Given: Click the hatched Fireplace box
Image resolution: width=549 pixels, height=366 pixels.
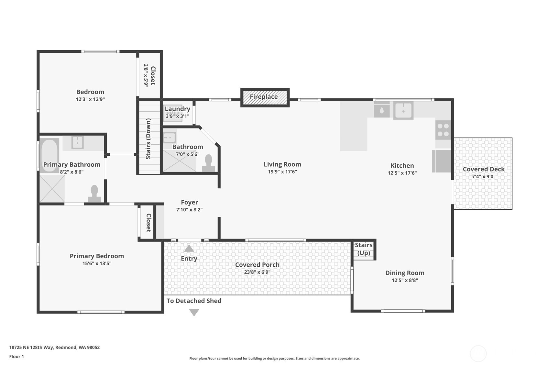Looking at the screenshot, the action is pos(265,97).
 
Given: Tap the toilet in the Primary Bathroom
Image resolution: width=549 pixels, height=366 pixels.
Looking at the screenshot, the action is pos(94,194).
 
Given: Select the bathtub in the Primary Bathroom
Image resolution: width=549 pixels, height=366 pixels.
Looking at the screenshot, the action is pos(49,155).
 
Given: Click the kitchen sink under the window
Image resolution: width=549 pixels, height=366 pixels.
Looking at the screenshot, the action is pos(403,111).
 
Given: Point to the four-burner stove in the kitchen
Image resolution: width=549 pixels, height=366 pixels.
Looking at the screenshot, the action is pos(443,130).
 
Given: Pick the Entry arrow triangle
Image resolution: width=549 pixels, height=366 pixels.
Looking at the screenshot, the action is pos(189,248).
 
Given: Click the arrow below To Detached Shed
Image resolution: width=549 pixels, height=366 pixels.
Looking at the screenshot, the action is pos(194,313).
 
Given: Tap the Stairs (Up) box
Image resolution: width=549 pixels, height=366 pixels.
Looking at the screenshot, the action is pos(364,250).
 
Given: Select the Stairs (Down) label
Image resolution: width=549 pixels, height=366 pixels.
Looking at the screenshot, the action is pos(148,139).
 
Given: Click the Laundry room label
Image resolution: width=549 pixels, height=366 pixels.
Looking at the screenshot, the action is pos(177,109).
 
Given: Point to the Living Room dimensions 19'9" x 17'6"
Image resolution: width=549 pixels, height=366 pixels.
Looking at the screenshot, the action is pos(282,172).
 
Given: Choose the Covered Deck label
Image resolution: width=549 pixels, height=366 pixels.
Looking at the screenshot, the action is pos(484,169).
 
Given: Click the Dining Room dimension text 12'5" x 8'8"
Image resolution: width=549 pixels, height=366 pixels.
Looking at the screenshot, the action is pos(405,280).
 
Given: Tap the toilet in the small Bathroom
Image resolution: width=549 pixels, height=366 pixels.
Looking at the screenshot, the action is pos(209,163).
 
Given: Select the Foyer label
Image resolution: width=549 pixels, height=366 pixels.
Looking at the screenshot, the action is pos(189,202).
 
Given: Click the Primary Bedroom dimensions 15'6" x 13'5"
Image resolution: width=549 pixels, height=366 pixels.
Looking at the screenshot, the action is pos(97,263).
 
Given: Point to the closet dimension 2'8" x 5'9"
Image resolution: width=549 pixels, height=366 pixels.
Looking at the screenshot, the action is pos(146,75).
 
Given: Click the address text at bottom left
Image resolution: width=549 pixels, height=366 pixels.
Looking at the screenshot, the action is pos(54,347).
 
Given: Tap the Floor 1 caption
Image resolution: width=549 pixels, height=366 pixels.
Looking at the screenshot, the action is pos(16,357).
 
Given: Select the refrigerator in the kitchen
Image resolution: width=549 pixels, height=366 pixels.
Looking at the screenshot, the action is pos(441,161).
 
